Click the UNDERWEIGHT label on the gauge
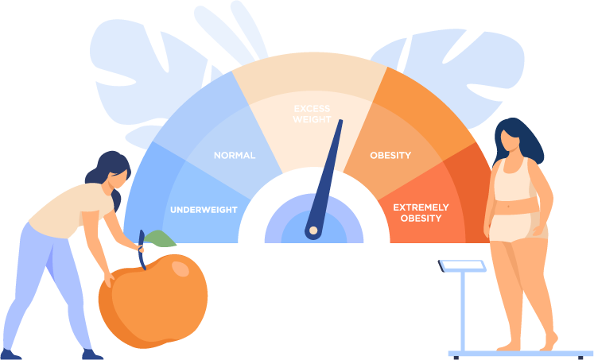click(x=204, y=210)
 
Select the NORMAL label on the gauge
click(x=235, y=156)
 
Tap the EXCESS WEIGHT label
click(x=312, y=114)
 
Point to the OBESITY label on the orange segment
click(x=390, y=156)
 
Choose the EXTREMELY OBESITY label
click(x=421, y=212)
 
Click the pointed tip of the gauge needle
click(x=340, y=122)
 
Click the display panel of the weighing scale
click(x=462, y=265)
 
